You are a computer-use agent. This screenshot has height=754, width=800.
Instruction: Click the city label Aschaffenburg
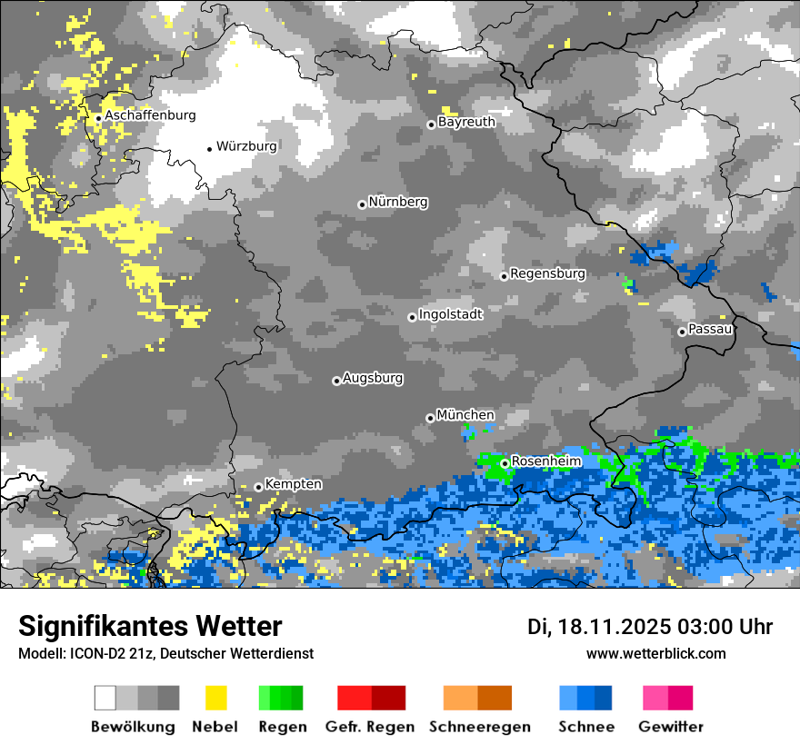pyautogui.click(x=150, y=115)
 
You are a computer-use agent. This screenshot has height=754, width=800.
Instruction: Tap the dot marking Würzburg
pyautogui.click(x=209, y=148)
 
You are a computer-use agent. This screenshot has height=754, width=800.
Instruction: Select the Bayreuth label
pyautogui.click(x=466, y=122)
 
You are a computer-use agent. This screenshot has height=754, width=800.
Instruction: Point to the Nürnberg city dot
pyautogui.click(x=362, y=204)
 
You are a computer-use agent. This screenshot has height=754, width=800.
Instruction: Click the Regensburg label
pyautogui.click(x=547, y=273)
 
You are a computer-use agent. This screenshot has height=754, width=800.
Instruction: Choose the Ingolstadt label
pyautogui.click(x=450, y=314)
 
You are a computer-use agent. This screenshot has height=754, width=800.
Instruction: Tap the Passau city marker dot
pyautogui.click(x=682, y=332)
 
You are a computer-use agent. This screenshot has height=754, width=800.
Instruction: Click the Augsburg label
pyautogui.click(x=373, y=378)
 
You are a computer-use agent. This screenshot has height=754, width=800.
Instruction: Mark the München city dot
pyautogui.click(x=430, y=418)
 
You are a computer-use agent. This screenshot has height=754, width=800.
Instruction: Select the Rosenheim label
pyautogui.click(x=545, y=461)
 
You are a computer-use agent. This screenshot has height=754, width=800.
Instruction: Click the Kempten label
pyautogui.click(x=293, y=484)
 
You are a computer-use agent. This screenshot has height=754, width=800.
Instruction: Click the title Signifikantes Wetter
pyautogui.click(x=150, y=626)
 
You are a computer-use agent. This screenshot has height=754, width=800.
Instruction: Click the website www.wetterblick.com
pyautogui.click(x=655, y=653)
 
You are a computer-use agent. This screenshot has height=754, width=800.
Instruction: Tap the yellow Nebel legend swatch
pyautogui.click(x=215, y=698)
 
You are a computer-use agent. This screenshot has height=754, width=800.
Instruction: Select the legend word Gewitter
pyautogui.click(x=670, y=727)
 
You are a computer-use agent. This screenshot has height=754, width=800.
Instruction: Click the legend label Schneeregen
pyautogui.click(x=479, y=727)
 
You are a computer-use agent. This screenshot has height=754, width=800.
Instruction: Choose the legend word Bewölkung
pyautogui.click(x=133, y=727)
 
